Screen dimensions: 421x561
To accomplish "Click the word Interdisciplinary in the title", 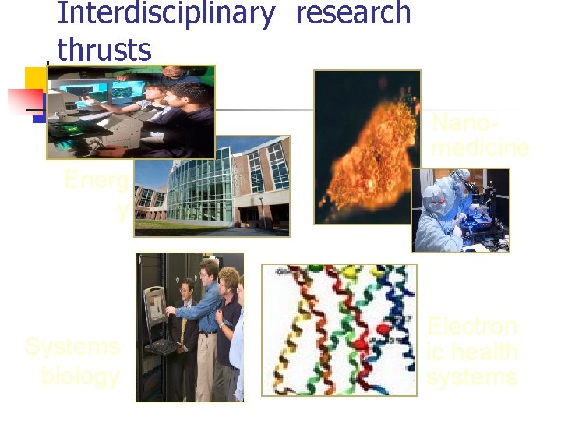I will coord(166,13).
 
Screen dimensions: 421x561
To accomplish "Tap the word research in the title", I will coord(353,13).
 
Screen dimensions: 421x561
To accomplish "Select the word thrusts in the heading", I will coord(104,50).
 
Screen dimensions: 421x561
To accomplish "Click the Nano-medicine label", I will coord(479,135).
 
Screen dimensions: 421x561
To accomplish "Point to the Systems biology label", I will coord(73,361).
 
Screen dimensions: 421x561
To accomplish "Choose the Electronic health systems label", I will coord(472,351).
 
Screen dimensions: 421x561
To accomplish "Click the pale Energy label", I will coord(97,194).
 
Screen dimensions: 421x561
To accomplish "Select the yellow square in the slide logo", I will coord(34,78).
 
